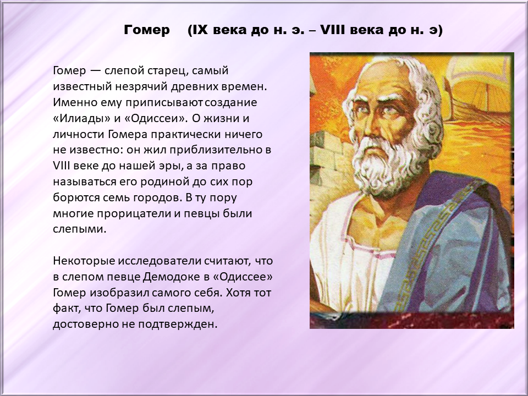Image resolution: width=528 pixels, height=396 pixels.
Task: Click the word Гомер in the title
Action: pos(147,30)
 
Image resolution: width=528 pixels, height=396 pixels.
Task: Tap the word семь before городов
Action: pos(118,197)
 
